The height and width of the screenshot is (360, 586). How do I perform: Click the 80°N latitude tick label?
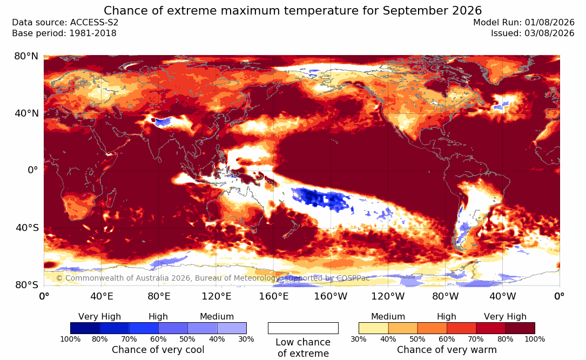coord(26,56)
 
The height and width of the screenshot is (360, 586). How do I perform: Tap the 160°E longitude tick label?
coord(274,296)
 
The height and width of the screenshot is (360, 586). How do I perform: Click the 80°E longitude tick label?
coord(159,296)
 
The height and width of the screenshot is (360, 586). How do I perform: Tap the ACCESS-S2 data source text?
coord(94,23)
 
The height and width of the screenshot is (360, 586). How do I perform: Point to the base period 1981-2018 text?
coord(93,33)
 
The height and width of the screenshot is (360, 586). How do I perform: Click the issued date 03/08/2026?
coord(549,33)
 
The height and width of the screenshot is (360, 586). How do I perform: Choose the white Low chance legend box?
coord(303,328)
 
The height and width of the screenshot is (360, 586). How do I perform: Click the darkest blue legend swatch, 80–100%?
coord(85,328)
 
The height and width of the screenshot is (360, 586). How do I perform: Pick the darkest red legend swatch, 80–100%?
coord(520,328)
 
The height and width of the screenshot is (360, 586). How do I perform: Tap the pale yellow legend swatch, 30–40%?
coord(373,328)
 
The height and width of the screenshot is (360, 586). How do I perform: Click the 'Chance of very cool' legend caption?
coord(158,350)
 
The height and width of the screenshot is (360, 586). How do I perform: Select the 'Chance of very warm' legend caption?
coord(447,350)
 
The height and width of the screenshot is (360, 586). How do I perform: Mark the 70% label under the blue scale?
coord(129,339)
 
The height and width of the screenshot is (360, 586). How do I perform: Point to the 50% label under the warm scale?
coord(417,339)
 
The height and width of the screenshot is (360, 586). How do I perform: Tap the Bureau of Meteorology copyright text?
coord(213,278)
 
